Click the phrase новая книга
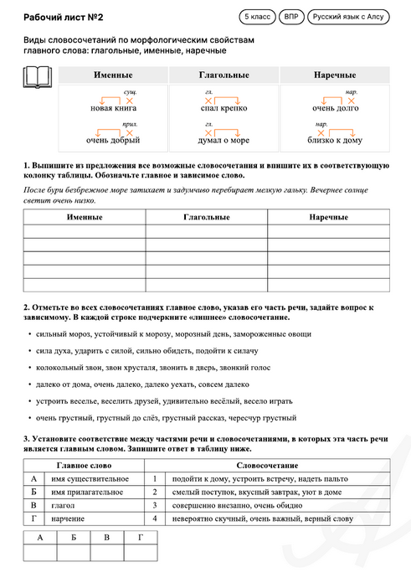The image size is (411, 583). tap(114, 109)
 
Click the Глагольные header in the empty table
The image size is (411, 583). tap(205, 217)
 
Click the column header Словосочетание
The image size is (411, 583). tap(267, 465)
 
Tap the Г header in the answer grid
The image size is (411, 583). tap(140, 538)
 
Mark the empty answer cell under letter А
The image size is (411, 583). tap(39, 552)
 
